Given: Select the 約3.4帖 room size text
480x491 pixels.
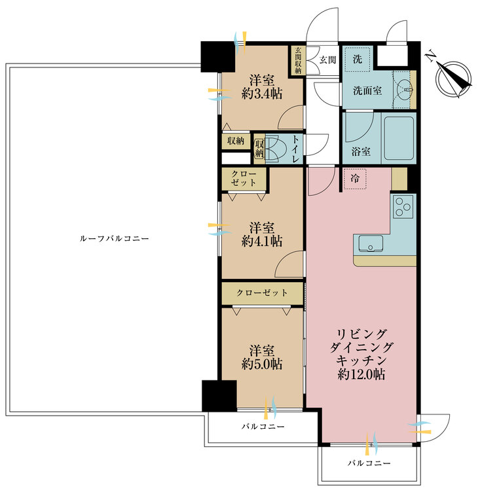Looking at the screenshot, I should [x=262, y=94].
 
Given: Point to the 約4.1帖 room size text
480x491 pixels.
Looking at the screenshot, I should [x=262, y=241].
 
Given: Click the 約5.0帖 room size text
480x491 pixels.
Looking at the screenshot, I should [x=262, y=364].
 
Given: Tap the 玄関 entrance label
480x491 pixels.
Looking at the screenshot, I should [x=327, y=60].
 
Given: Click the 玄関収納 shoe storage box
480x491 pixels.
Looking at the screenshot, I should [x=298, y=62].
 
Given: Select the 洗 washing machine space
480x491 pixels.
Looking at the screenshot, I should [x=358, y=58].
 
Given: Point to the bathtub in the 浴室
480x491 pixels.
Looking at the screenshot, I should [x=399, y=137].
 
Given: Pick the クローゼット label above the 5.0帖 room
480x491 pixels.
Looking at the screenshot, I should [x=262, y=293].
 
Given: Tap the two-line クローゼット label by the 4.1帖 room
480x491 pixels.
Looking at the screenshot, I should [x=244, y=177].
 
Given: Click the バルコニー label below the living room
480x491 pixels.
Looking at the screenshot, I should [x=369, y=463].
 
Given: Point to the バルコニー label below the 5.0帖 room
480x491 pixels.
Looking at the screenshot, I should [x=262, y=427].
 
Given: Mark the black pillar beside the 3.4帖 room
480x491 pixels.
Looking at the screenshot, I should [x=218, y=57].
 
